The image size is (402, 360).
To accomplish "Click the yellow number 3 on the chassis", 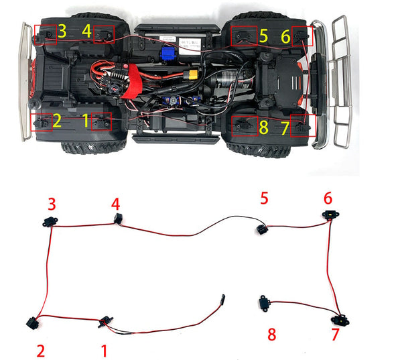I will pyautogui.click(x=62, y=30).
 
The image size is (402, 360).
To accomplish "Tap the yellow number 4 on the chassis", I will pyautogui.click(x=86, y=31).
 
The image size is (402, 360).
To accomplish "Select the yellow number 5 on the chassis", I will pyautogui.click(x=263, y=36).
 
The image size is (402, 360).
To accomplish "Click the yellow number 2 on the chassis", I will pyautogui.click(x=57, y=121).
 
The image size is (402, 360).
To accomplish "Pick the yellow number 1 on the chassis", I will pyautogui.click(x=85, y=121).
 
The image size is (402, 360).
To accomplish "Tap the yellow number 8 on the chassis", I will pyautogui.click(x=263, y=127).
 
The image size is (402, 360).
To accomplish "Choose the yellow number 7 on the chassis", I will pyautogui.click(x=286, y=127).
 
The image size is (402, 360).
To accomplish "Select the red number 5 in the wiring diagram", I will pyautogui.click(x=264, y=198).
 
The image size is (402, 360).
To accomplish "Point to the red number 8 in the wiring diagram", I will pyautogui.click(x=271, y=335).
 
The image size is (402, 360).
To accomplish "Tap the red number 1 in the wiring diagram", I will pyautogui.click(x=104, y=349).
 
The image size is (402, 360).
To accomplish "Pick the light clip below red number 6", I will pyautogui.click(x=329, y=216).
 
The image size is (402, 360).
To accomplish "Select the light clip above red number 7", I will pyautogui.click(x=342, y=317).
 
